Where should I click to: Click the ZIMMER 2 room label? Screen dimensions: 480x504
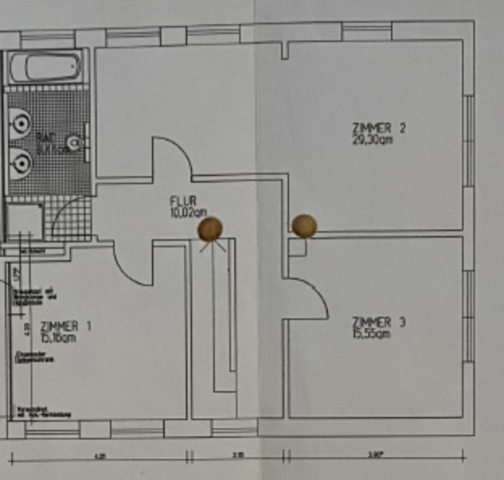(x=379, y=128)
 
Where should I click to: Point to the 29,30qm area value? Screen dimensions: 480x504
(x=372, y=140)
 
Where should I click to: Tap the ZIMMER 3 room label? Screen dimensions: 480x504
(x=379, y=322)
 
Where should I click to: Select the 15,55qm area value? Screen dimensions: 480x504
(x=372, y=333)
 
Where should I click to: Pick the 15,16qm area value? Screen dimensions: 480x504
(x=58, y=337)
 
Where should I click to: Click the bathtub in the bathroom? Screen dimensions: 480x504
(x=45, y=67)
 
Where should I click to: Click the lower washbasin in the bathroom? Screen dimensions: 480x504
(x=20, y=163)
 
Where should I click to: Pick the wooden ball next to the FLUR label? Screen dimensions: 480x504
(x=210, y=228)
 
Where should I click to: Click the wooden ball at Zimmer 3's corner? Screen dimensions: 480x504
(x=304, y=226)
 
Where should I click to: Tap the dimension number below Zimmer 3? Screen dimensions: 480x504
(x=375, y=456)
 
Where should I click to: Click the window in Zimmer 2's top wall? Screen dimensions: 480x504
(x=366, y=30)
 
